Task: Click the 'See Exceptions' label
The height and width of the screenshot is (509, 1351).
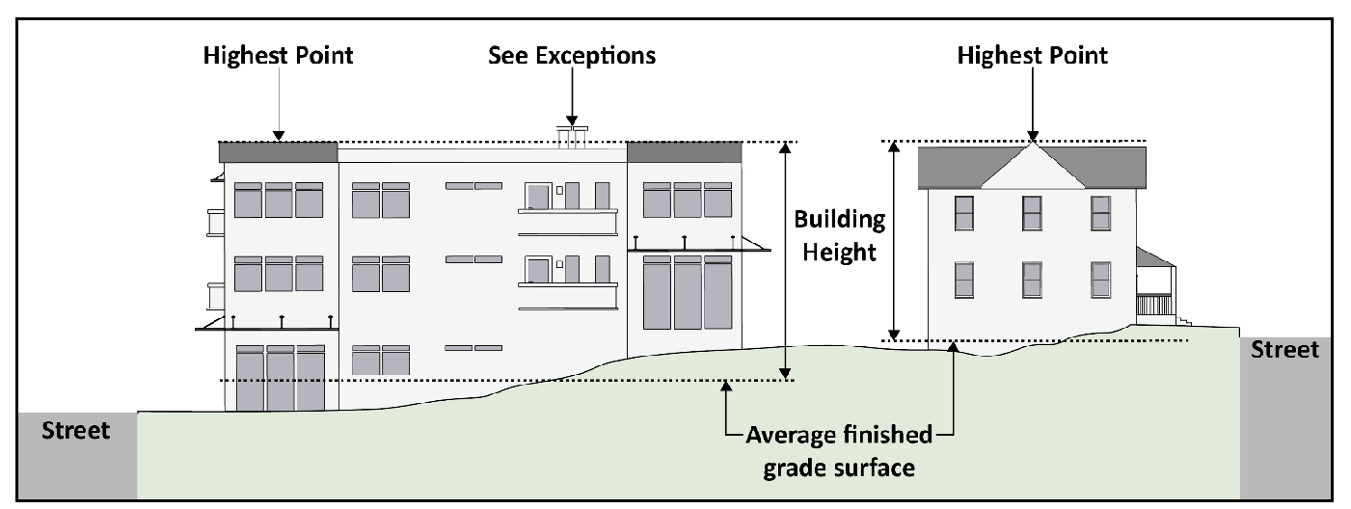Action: click(x=571, y=55)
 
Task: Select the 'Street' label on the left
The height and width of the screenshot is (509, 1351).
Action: click(x=76, y=430)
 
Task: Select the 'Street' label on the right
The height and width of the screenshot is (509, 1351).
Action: click(x=1284, y=350)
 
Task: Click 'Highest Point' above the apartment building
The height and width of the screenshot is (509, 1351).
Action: click(x=278, y=55)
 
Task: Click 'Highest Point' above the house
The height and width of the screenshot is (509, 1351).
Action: click(x=1032, y=55)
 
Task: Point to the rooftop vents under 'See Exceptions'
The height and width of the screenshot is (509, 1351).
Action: click(x=573, y=136)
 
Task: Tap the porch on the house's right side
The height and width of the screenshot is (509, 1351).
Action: click(x=1153, y=286)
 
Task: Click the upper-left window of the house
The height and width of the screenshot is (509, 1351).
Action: click(x=963, y=212)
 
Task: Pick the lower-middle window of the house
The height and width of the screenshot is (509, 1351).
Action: click(x=1032, y=279)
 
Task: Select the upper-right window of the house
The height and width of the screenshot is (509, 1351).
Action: click(x=1100, y=212)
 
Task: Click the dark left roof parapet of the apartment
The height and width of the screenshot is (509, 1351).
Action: click(x=279, y=152)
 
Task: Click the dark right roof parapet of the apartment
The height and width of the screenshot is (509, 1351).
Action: click(x=685, y=152)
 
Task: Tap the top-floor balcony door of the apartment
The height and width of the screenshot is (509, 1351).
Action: click(x=537, y=196)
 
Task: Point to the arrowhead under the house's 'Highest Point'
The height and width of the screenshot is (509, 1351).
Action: click(x=1033, y=135)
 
